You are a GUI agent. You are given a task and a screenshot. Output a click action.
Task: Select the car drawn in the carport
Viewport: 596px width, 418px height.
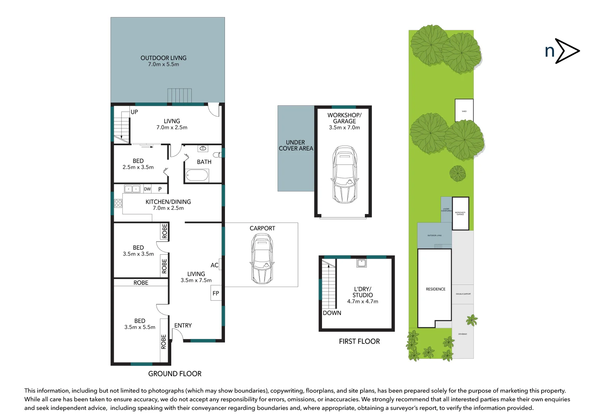262,259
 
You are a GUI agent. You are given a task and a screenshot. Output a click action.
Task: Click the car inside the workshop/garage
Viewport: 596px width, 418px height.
344,175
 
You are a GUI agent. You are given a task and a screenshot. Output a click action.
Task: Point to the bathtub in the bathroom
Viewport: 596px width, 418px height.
197,175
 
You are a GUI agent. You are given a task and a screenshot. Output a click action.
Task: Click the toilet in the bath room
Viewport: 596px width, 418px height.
217,155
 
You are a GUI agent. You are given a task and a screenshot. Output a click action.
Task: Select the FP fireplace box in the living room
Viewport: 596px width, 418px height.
216,293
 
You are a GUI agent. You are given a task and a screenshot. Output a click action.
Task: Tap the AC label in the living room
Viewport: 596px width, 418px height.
215,265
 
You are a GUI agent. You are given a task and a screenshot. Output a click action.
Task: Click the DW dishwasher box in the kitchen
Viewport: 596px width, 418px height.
147,189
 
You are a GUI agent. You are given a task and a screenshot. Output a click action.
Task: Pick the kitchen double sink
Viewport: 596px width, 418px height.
132,189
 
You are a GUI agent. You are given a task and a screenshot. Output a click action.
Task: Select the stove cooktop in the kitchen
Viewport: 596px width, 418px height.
118,203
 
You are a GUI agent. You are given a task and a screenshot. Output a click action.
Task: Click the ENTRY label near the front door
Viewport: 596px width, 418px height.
183,325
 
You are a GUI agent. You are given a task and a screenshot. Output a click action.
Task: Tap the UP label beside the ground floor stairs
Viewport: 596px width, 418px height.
134,112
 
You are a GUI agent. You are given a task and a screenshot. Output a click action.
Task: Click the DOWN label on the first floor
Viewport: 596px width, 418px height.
332,313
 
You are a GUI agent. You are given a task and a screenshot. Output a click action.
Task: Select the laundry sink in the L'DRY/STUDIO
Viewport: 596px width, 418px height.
361,263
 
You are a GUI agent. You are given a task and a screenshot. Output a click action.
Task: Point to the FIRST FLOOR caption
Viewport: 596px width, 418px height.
359,341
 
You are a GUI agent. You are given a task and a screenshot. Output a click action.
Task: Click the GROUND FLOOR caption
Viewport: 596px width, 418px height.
175,373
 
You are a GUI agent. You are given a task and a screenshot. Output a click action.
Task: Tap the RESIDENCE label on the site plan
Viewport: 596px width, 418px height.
436,289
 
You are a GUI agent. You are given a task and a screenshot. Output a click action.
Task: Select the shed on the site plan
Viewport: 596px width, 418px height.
464,110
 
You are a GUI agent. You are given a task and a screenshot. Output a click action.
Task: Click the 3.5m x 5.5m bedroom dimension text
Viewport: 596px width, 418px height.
140,327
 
